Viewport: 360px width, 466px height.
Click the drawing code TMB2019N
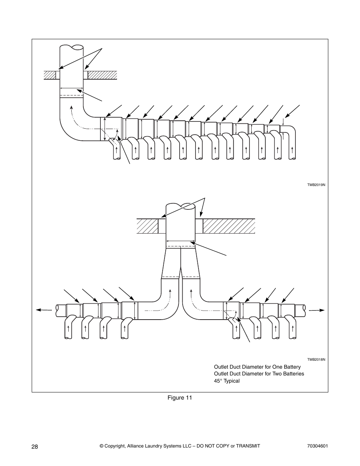point(316,185)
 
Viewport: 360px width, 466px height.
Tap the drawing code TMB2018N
point(316,360)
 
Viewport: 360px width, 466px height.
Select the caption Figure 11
point(180,398)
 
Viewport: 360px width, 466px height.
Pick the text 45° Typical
point(227,381)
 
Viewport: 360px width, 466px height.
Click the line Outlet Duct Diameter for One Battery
point(257,367)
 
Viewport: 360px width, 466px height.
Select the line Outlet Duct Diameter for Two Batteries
point(259,374)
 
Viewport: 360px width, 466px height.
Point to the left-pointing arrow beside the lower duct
point(44,310)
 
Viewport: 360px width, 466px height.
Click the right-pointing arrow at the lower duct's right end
point(317,310)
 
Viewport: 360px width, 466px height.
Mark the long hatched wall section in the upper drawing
point(103,75)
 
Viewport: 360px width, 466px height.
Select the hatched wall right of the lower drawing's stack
point(229,226)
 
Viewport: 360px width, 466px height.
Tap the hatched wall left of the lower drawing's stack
point(147,226)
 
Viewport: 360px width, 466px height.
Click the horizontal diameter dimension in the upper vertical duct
point(71,88)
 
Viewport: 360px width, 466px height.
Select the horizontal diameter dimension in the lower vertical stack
point(181,241)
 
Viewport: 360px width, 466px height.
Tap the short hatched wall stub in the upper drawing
point(50,75)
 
